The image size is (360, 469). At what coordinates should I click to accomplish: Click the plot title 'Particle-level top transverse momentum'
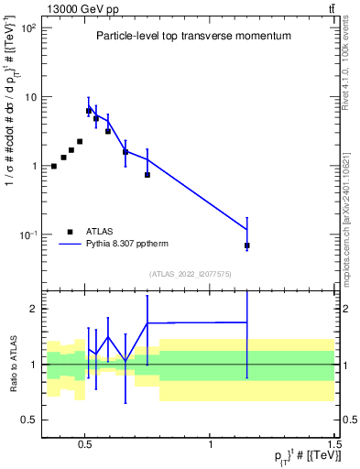(x=193, y=36)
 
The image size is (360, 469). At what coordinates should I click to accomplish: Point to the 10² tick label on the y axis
(x=27, y=28)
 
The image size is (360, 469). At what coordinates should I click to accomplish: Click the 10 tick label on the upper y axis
(x=29, y=97)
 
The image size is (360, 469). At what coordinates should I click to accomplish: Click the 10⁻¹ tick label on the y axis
(x=27, y=235)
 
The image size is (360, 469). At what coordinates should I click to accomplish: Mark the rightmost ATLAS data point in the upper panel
(x=247, y=245)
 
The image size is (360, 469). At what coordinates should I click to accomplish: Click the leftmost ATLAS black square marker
(x=54, y=166)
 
